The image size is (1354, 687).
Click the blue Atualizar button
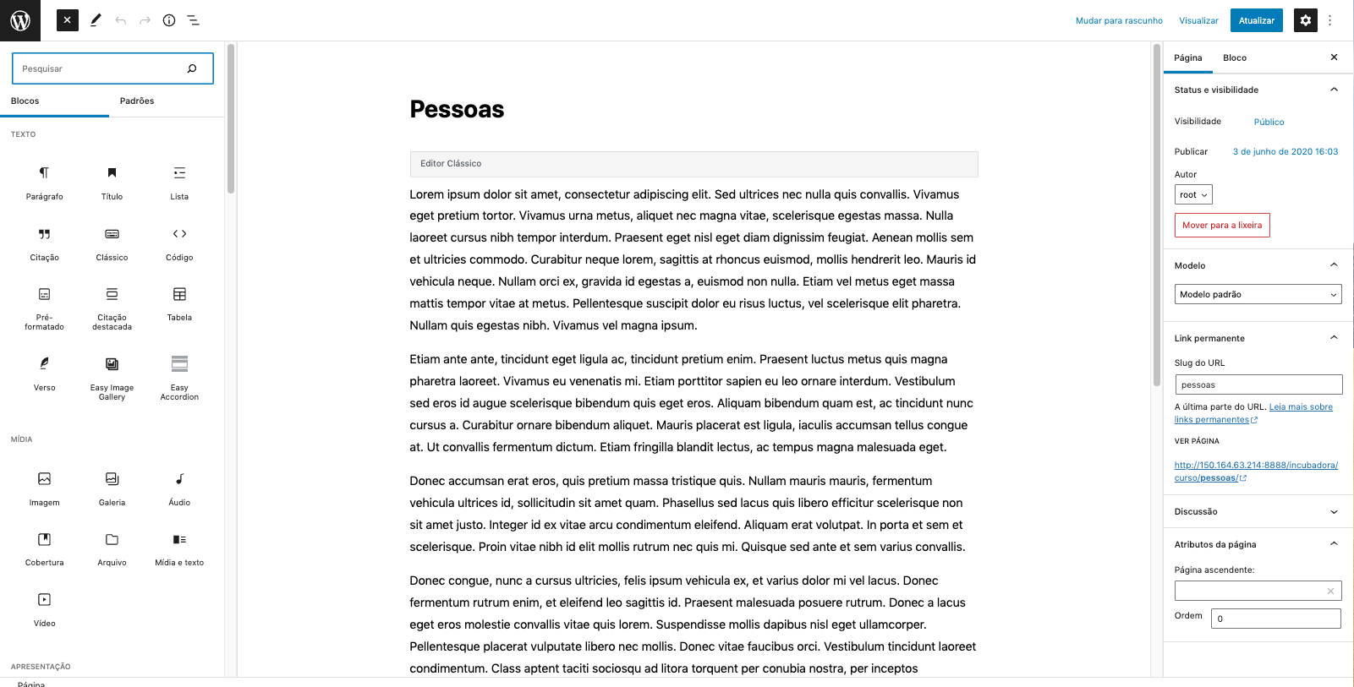tap(1256, 20)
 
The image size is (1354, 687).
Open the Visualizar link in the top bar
tap(1198, 20)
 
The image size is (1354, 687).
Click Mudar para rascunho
tap(1119, 20)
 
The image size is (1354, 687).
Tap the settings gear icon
tap(1305, 20)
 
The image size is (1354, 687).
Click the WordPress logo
tap(20, 20)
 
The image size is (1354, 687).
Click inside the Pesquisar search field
tap(101, 68)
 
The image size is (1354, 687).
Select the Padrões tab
tap(137, 101)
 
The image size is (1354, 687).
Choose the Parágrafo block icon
tap(44, 173)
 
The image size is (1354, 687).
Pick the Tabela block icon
tap(179, 295)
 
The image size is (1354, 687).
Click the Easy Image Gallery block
tap(112, 364)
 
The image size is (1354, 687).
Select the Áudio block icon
tap(179, 479)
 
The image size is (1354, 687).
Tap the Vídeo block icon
tap(44, 600)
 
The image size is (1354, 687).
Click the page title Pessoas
tap(457, 109)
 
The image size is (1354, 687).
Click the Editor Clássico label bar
tap(693, 164)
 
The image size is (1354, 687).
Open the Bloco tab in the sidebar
tap(1234, 57)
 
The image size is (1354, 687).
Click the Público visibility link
tap(1269, 122)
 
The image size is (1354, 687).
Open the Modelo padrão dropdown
tap(1258, 294)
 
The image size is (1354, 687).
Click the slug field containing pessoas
tap(1258, 384)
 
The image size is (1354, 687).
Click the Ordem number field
tap(1275, 619)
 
